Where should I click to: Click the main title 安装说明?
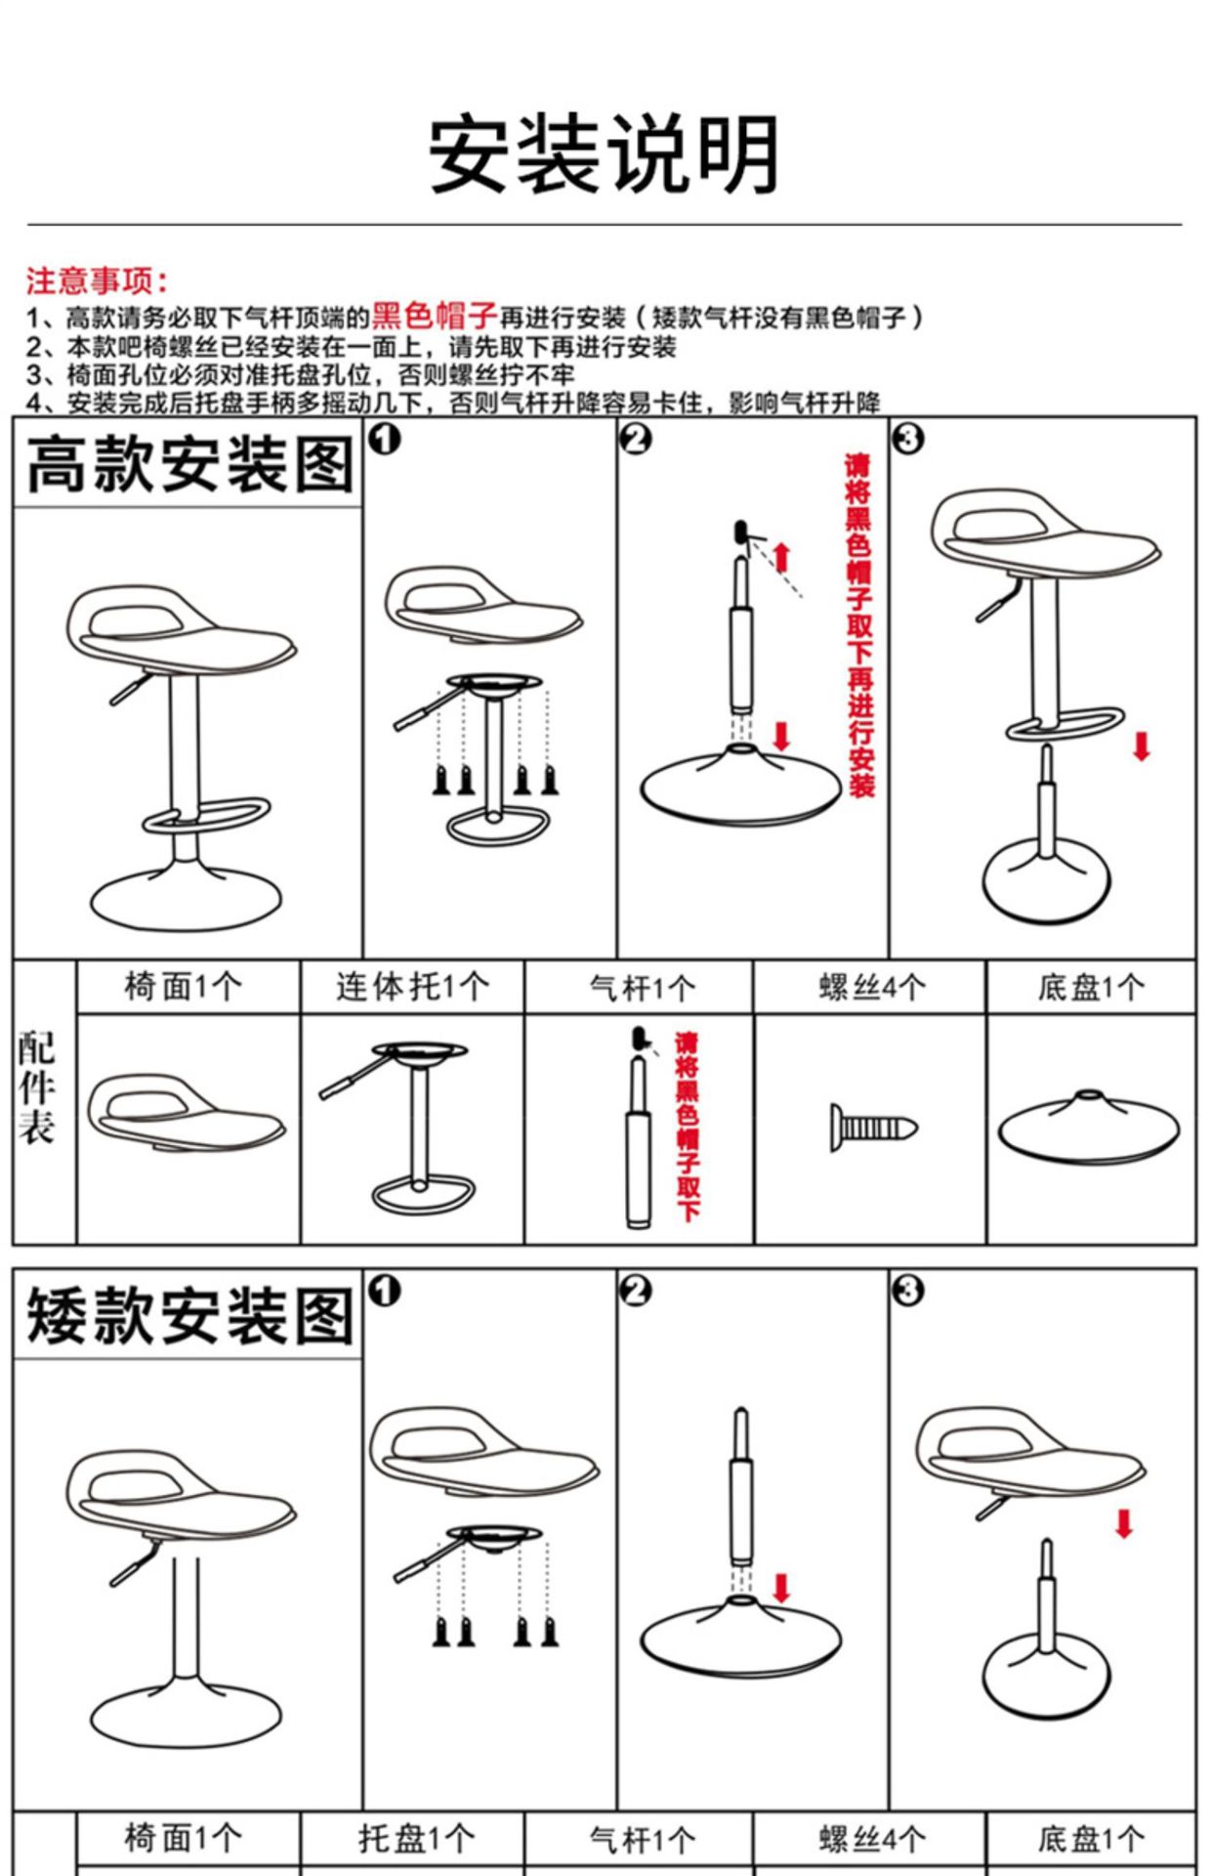tap(605, 155)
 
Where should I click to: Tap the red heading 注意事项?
tap(96, 281)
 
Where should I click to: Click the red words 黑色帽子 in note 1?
tap(435, 316)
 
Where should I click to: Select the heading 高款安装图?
tap(189, 465)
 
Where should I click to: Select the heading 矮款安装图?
tap(189, 1316)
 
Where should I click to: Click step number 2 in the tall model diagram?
tap(636, 440)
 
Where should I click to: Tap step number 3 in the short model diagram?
tap(907, 1291)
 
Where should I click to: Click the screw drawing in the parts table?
tap(873, 1129)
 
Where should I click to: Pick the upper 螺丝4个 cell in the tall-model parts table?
tap(871, 988)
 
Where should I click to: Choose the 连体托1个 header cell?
tap(412, 987)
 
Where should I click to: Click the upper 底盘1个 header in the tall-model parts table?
tap(1091, 988)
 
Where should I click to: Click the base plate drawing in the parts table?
tap(1089, 1129)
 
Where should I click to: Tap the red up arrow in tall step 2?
tap(781, 557)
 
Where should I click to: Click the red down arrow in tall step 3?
tap(1141, 746)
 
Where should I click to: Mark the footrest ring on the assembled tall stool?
tap(207, 815)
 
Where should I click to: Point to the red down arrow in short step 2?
tap(781, 1588)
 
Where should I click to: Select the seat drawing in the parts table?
tap(186, 1114)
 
